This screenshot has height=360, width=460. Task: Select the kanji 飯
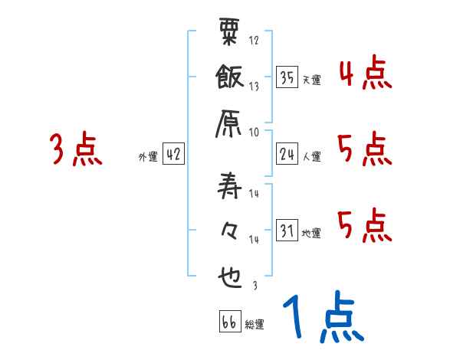coord(230,78)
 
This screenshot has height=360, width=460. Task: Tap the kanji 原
coord(230,123)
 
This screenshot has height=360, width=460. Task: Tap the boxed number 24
coord(287,154)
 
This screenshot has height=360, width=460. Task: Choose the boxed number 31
coord(287,230)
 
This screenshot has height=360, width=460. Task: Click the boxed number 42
coord(173,154)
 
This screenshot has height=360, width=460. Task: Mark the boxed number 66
coord(228,322)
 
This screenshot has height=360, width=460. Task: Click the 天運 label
coord(311,78)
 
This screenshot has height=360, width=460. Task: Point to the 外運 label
coord(147,156)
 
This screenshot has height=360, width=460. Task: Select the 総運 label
coord(255,324)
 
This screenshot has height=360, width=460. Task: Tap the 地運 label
coord(311,232)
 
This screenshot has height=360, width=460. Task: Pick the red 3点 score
coord(75,149)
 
